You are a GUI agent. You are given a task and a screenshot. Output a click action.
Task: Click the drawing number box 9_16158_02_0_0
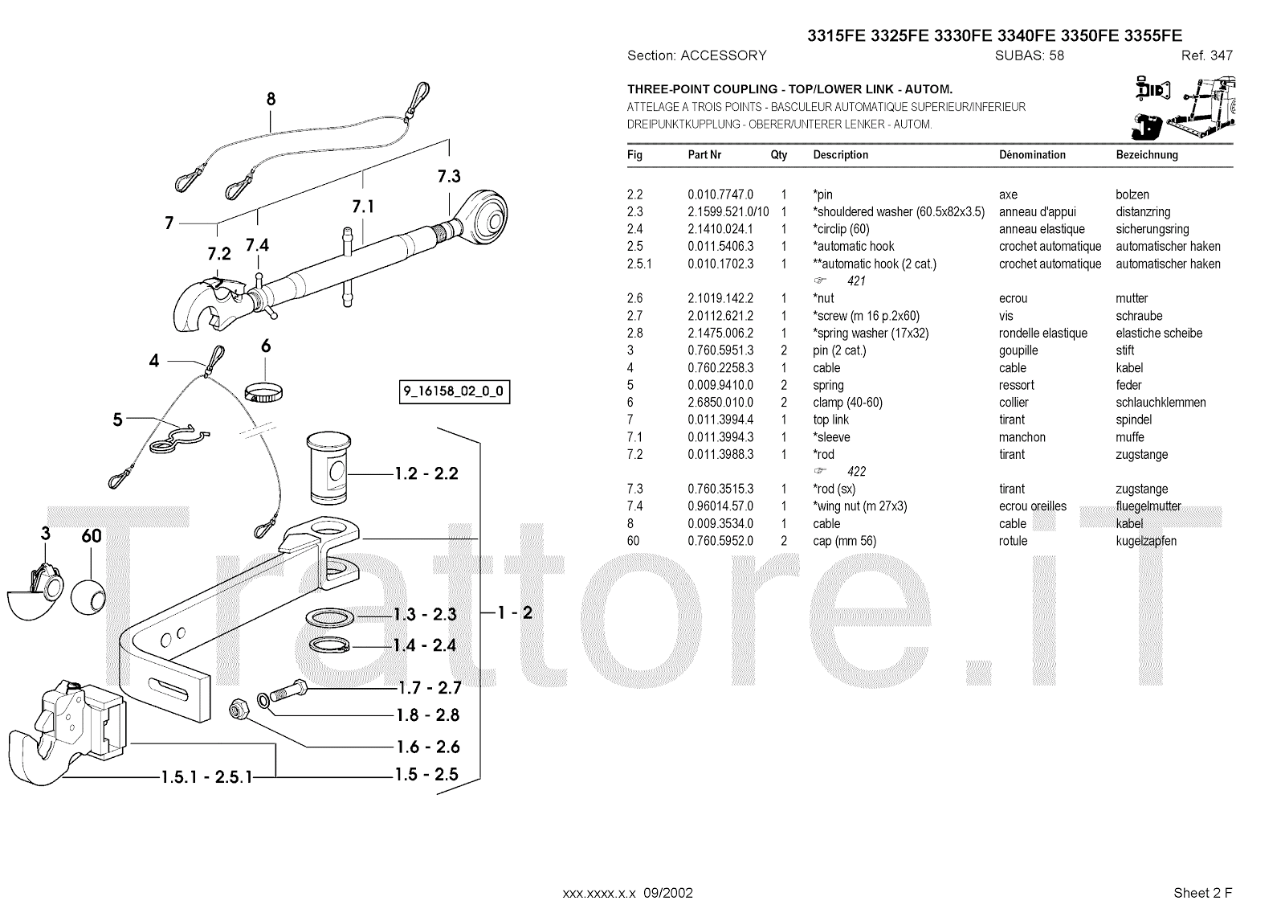454,393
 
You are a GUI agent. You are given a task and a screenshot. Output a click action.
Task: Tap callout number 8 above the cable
271,100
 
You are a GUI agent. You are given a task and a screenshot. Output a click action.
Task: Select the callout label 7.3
449,176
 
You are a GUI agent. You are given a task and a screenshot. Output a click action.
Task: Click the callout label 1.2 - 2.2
426,473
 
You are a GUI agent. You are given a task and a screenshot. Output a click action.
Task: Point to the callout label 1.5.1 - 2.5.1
206,777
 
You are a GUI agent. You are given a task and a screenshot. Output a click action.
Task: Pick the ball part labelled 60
88,596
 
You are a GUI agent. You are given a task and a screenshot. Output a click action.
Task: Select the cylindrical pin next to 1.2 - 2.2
327,469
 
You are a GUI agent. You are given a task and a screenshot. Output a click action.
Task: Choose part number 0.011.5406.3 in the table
720,247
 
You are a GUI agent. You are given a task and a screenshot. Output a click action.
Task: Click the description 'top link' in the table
830,420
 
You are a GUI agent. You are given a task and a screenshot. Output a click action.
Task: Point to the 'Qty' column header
779,155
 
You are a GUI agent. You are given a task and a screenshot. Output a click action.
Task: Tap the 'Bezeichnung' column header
1146,155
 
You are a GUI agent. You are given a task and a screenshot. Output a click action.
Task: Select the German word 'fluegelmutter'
1148,506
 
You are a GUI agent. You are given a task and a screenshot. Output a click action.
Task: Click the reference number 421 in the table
856,281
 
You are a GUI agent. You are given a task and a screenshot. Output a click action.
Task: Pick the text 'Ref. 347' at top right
1206,55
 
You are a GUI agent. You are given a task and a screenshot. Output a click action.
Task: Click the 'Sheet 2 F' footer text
1202,892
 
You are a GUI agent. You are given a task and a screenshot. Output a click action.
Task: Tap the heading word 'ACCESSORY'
723,55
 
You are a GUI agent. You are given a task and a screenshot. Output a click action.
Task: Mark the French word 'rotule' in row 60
1013,541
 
